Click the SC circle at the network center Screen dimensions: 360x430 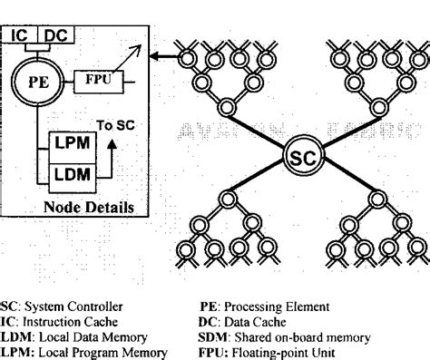[300, 160]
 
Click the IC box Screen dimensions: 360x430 [21, 35]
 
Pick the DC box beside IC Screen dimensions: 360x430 [55, 35]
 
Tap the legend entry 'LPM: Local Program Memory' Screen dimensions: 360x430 [72, 352]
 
